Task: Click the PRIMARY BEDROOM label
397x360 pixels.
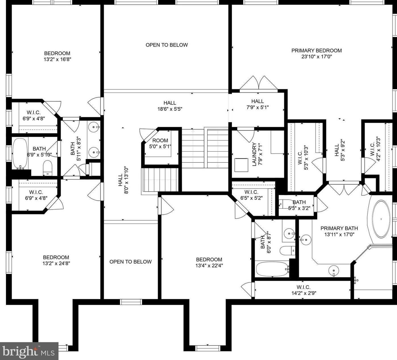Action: click(x=317, y=51)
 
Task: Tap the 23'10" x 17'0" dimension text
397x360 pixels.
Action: click(x=317, y=57)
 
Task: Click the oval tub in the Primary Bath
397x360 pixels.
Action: click(x=381, y=219)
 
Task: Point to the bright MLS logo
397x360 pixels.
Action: click(x=29, y=351)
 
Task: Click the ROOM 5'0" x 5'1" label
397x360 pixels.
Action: click(x=160, y=144)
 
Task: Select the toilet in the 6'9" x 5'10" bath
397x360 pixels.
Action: click(x=47, y=168)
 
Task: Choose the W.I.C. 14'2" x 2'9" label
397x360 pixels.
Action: click(x=304, y=290)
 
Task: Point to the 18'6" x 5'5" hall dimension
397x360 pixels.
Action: click(x=170, y=109)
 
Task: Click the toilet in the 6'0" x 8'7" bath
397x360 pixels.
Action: click(x=287, y=251)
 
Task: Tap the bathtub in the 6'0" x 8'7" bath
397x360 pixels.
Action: click(x=272, y=269)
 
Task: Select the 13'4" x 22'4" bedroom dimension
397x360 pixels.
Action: click(x=209, y=266)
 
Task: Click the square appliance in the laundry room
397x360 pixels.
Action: click(x=241, y=165)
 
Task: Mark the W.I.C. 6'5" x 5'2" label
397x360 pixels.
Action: click(x=251, y=195)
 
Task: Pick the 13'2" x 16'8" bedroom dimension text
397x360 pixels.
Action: click(x=57, y=59)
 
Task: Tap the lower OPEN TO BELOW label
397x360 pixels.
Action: click(x=130, y=262)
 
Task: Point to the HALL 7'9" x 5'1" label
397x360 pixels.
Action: click(x=257, y=104)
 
